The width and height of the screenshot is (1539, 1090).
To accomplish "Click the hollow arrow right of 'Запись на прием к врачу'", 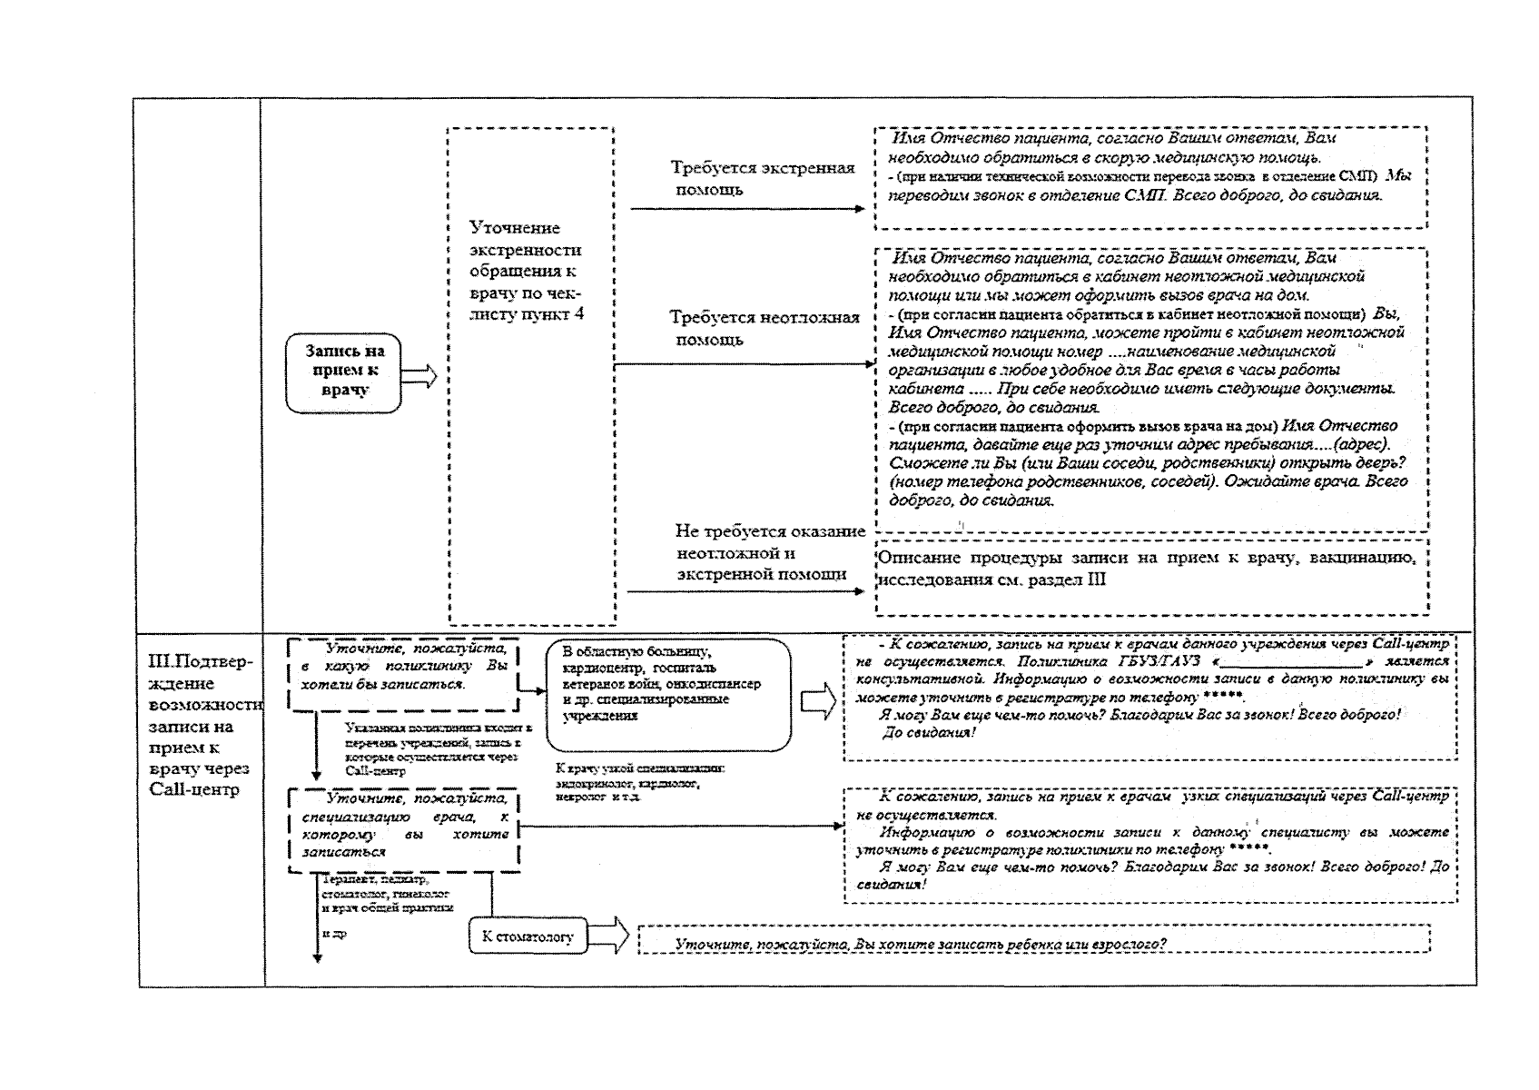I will click(x=419, y=375).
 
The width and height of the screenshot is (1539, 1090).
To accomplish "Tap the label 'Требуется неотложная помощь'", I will click(x=764, y=328).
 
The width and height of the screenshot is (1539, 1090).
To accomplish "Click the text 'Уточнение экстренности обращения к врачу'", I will click(x=526, y=270).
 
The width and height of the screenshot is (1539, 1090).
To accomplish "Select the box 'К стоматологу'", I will click(x=528, y=936).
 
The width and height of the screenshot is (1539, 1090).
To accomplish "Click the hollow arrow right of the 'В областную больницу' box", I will click(x=817, y=702).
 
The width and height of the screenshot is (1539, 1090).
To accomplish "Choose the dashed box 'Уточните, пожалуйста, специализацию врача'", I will click(x=404, y=828).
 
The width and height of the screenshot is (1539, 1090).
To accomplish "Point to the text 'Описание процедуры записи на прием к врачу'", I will click(x=1148, y=569).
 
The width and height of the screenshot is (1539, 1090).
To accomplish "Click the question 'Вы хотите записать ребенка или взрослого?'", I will click(x=920, y=945).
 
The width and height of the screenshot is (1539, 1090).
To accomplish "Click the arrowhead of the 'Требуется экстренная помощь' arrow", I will click(x=860, y=209).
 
